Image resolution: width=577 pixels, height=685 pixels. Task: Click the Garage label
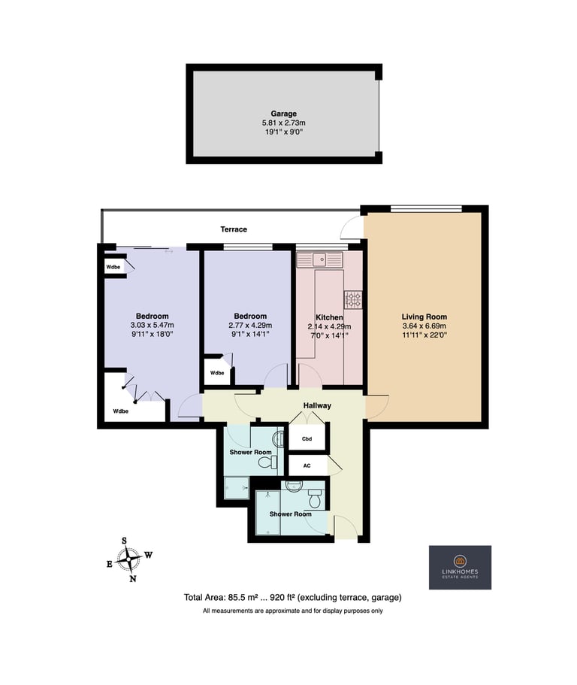(284, 114)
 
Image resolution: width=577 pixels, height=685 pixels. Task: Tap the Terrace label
(234, 229)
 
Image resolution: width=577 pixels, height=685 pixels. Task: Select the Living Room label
(424, 317)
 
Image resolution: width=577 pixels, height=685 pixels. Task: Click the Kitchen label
(329, 317)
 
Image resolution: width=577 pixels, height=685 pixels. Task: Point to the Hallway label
(317, 405)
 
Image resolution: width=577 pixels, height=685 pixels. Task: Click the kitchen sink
(320, 259)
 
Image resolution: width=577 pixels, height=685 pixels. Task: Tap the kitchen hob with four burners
(352, 300)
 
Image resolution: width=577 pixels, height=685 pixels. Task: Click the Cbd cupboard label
(307, 438)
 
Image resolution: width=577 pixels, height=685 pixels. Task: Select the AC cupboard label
(307, 465)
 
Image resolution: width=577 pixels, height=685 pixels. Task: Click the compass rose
(130, 559)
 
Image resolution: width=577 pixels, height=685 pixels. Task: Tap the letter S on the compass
(125, 541)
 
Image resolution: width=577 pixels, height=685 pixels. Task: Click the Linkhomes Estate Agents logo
(460, 567)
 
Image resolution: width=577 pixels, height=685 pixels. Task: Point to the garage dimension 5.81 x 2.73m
(284, 123)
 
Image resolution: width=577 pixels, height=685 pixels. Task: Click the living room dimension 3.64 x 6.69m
(424, 326)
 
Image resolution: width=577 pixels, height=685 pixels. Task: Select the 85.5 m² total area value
(238, 597)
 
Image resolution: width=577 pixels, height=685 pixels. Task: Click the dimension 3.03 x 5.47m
(152, 325)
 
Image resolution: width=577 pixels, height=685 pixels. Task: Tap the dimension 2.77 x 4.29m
(250, 325)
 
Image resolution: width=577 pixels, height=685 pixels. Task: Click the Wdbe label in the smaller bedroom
(217, 373)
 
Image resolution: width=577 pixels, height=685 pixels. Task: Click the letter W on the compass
(149, 555)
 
